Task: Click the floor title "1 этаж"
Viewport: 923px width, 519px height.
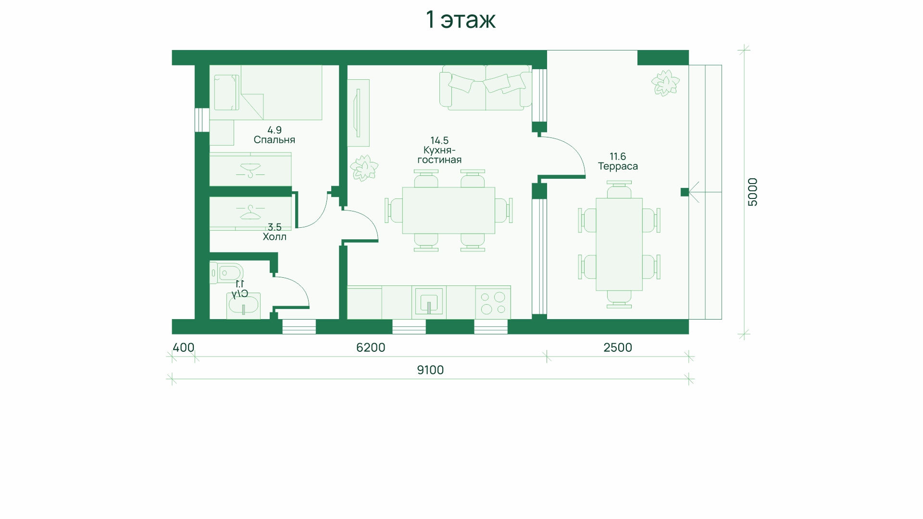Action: tap(461, 20)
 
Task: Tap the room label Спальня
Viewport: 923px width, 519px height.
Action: tap(274, 140)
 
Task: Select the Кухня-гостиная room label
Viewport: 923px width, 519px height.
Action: tap(439, 155)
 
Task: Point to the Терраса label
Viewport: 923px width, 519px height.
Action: tap(618, 166)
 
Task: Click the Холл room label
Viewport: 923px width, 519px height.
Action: tap(274, 236)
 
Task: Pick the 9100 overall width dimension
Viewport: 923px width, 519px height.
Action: tap(430, 370)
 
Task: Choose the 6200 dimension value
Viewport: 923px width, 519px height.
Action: tap(371, 347)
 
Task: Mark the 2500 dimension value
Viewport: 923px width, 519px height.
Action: tap(618, 347)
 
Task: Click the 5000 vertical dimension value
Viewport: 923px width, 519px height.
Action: tap(753, 192)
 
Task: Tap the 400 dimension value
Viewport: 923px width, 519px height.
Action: tap(183, 347)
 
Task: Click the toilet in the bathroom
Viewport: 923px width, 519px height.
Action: tap(226, 272)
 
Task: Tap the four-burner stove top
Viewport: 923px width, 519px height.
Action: tap(493, 302)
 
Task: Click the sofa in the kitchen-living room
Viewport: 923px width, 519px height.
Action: tap(486, 87)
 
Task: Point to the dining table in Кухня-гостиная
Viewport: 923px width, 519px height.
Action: tap(449, 210)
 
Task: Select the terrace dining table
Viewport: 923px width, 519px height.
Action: tap(619, 244)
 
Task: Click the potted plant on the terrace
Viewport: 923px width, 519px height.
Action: tap(665, 83)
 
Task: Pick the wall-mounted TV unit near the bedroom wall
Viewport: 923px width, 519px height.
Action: tap(359, 113)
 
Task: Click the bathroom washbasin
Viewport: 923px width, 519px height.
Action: tap(244, 306)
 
